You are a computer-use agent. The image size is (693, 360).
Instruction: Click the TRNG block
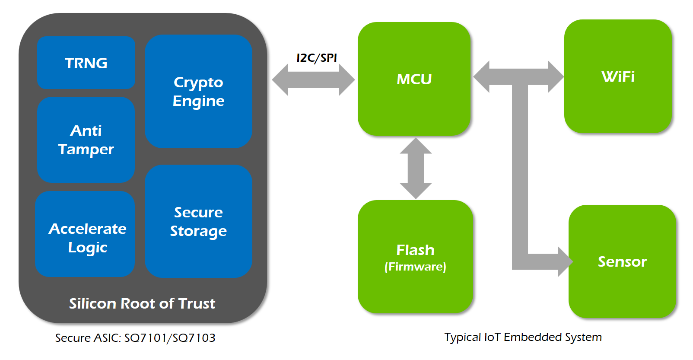(x=86, y=63)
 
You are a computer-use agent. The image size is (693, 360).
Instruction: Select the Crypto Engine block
(x=198, y=92)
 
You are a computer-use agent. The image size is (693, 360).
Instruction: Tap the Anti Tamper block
(x=86, y=140)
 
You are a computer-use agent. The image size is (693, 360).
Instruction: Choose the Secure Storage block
(x=198, y=221)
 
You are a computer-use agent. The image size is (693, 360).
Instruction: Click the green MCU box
(x=414, y=79)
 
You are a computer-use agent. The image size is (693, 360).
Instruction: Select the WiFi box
(x=618, y=76)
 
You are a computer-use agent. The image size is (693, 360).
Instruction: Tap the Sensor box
(x=622, y=261)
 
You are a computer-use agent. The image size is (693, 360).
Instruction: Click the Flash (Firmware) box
(x=415, y=257)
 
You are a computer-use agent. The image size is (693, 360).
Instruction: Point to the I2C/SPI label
(x=317, y=58)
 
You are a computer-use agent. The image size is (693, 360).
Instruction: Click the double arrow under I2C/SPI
(x=313, y=80)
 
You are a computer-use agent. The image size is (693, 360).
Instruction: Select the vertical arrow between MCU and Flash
(x=416, y=168)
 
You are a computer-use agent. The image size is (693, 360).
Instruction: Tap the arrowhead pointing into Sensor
(x=564, y=261)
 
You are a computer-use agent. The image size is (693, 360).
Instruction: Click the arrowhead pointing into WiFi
(x=555, y=76)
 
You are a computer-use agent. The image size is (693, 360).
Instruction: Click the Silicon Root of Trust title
(x=142, y=303)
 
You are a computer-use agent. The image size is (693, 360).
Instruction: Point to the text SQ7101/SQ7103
(x=170, y=338)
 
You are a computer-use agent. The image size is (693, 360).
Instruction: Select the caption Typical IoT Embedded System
(x=523, y=337)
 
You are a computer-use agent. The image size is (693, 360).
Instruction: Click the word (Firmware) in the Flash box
(x=415, y=267)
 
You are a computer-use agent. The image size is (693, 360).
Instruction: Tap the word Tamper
(x=86, y=149)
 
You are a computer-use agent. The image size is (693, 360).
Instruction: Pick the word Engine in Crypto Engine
(x=198, y=101)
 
